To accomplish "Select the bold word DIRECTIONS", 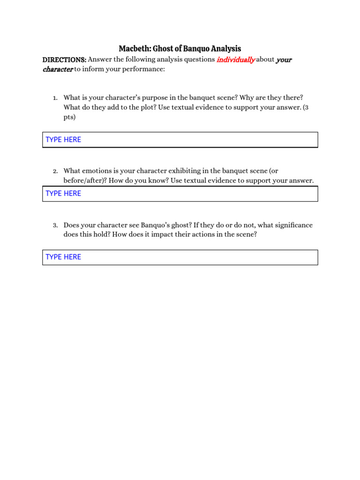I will (64, 60).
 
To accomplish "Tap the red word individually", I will (236, 60).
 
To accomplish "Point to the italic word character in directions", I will (58, 69).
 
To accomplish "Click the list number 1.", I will (55, 98).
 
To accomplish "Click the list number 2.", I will (55, 172).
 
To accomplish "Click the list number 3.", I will (55, 225).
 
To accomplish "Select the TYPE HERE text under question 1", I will (63, 140).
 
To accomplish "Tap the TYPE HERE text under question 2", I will (63, 194).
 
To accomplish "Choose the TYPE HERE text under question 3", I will (63, 257).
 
